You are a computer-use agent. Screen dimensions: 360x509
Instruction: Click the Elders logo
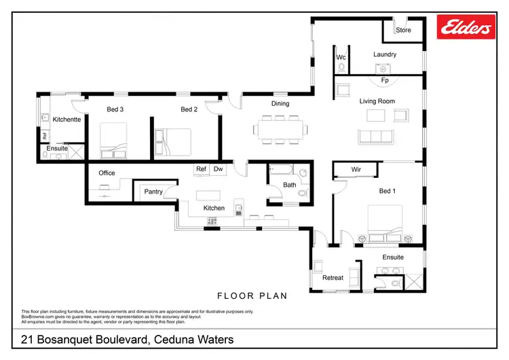tap(466, 28)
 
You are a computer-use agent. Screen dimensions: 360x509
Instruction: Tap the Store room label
tap(404, 30)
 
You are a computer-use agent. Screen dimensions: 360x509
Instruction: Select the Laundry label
tap(384, 54)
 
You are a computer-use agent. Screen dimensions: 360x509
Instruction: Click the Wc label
tap(342, 58)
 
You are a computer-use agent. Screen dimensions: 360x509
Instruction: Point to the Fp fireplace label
tap(384, 79)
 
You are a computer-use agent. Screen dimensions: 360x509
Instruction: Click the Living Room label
tap(377, 101)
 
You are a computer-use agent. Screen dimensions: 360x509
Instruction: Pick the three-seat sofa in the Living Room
tap(375, 136)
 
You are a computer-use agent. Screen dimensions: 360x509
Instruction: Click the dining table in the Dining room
tap(278, 129)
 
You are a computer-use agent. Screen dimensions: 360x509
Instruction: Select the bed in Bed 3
tap(115, 141)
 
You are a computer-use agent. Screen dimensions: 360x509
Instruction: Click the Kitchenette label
tap(67, 120)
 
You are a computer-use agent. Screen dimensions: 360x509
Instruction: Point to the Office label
tap(107, 173)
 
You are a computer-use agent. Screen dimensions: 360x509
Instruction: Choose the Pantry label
tap(153, 192)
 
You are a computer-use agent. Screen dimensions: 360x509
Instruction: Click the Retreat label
tap(333, 278)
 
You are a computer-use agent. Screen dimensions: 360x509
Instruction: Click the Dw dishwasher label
tap(218, 169)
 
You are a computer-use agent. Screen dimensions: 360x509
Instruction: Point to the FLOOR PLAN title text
tap(252, 296)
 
